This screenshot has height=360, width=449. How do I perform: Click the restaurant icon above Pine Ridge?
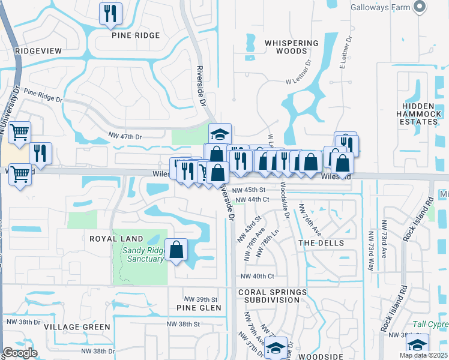point(110,14)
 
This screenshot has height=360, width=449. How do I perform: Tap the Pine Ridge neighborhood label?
point(136,35)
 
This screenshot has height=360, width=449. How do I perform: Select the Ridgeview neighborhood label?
point(38,51)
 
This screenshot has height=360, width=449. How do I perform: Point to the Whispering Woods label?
point(291,47)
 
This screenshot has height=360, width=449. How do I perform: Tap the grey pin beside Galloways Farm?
point(420,7)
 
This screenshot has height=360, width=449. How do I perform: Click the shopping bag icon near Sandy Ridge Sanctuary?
point(176,250)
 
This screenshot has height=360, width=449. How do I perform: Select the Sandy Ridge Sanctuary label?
point(143,254)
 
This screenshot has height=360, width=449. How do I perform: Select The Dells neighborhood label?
point(321,243)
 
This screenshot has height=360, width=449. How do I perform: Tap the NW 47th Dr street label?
point(125,137)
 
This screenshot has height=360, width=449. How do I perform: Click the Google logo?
point(20,353)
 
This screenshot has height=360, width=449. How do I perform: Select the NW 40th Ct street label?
point(257,276)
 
